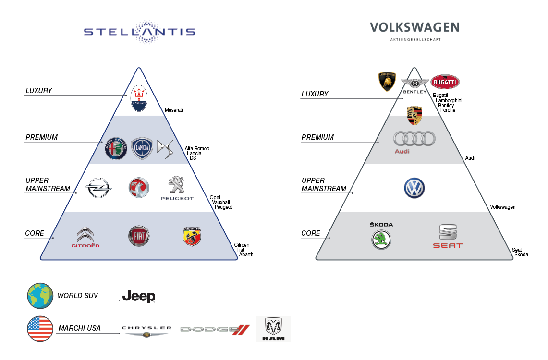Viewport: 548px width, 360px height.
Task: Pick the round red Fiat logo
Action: (x=139, y=236)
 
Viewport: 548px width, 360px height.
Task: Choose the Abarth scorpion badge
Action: (x=192, y=236)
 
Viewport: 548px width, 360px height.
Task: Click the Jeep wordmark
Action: (x=139, y=296)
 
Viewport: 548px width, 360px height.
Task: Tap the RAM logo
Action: (x=273, y=328)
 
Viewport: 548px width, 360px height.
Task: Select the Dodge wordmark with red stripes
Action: (x=215, y=329)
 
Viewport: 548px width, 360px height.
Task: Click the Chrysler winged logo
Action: (x=146, y=331)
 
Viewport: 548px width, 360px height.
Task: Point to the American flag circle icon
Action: (x=40, y=328)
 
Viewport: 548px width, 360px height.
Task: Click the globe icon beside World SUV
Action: (x=40, y=295)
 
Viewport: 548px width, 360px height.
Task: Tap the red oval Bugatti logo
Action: (x=445, y=82)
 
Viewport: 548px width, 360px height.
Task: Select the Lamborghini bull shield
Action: (x=387, y=82)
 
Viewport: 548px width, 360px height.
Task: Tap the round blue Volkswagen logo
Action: (x=414, y=188)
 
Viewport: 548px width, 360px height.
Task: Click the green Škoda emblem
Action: (x=381, y=239)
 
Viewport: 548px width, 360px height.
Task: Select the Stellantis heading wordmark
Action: (x=139, y=32)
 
